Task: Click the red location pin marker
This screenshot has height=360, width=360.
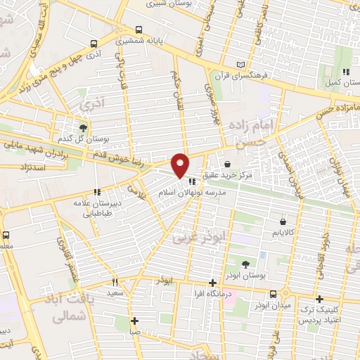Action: coord(181,165)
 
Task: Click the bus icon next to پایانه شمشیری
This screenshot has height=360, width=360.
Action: coord(138,30)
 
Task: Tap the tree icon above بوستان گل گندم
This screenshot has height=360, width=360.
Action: coord(84,128)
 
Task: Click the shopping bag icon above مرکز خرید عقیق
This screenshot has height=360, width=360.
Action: coord(227,163)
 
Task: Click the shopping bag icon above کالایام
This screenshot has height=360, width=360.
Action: coord(283,222)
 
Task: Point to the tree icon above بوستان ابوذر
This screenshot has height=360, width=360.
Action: coord(244,264)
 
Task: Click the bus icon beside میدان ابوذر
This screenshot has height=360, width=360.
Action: coord(286,294)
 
